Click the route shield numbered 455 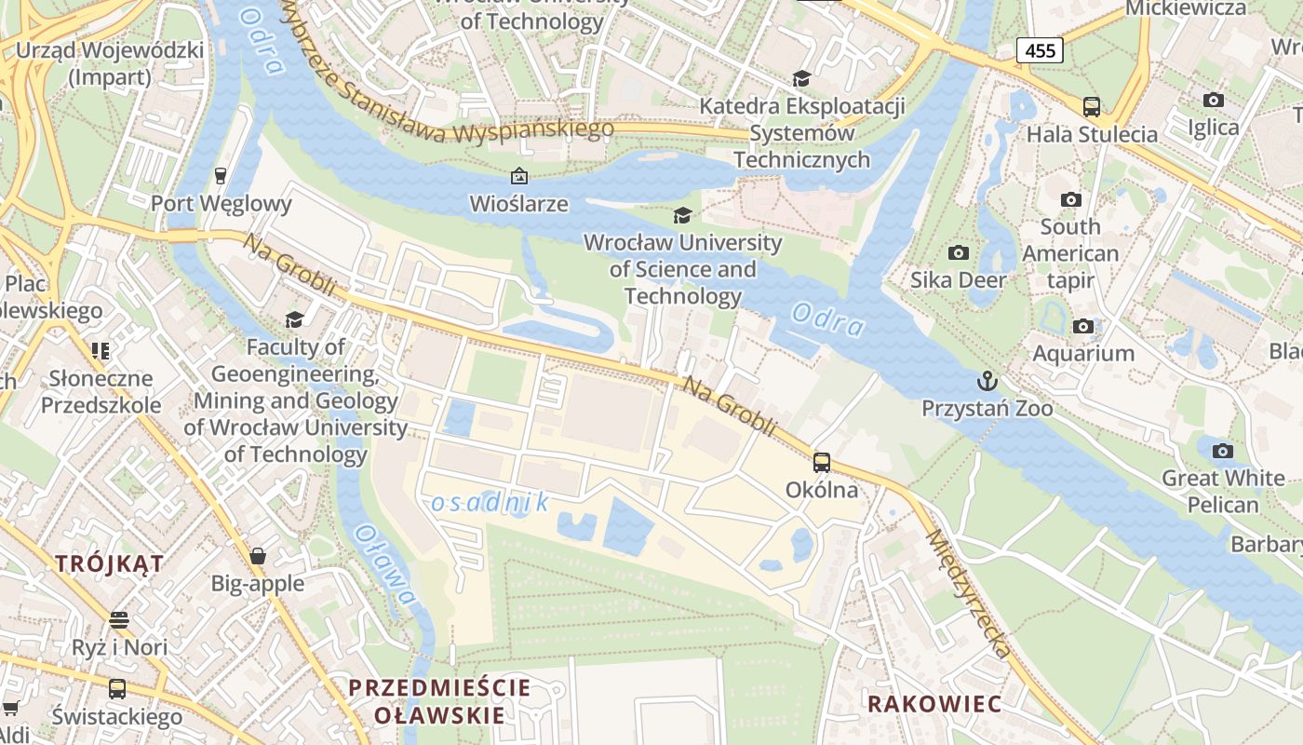tap(1040, 49)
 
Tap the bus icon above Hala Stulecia tap(1092, 106)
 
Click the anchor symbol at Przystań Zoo tap(987, 381)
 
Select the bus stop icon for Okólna tap(821, 462)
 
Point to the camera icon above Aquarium tap(1082, 326)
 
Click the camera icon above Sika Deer tap(958, 252)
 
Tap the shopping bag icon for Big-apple tap(258, 556)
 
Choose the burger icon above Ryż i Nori tap(118, 619)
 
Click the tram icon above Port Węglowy tap(221, 175)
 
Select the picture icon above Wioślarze tap(518, 175)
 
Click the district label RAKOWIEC tap(934, 704)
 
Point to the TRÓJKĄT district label tap(109, 563)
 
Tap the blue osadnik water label tap(490, 503)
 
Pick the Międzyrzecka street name tap(968, 593)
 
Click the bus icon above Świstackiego tap(117, 689)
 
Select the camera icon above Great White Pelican tap(1223, 452)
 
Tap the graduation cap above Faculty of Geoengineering tap(295, 319)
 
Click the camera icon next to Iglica tap(1213, 100)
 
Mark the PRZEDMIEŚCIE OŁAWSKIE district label tap(439, 701)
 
